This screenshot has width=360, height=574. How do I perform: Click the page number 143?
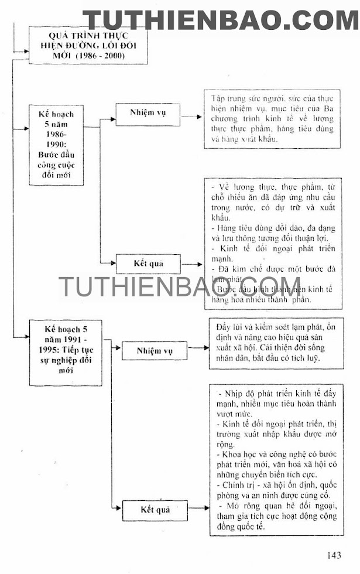(331, 555)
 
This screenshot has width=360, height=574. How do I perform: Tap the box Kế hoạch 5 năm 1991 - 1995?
(57, 351)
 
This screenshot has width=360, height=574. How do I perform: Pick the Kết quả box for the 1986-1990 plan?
(148, 264)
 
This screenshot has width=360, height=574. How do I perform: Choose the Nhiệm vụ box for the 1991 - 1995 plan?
(154, 351)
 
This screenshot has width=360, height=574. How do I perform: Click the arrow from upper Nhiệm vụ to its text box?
(192, 117)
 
